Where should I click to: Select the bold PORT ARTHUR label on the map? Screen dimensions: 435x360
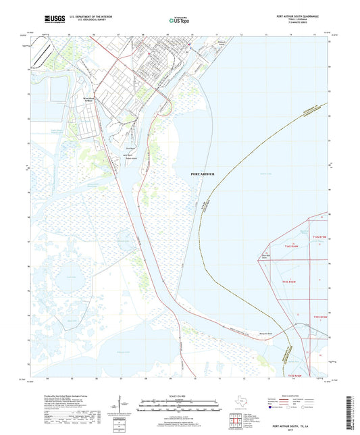pos(203,174)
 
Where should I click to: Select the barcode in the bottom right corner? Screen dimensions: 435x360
pos(350,413)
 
